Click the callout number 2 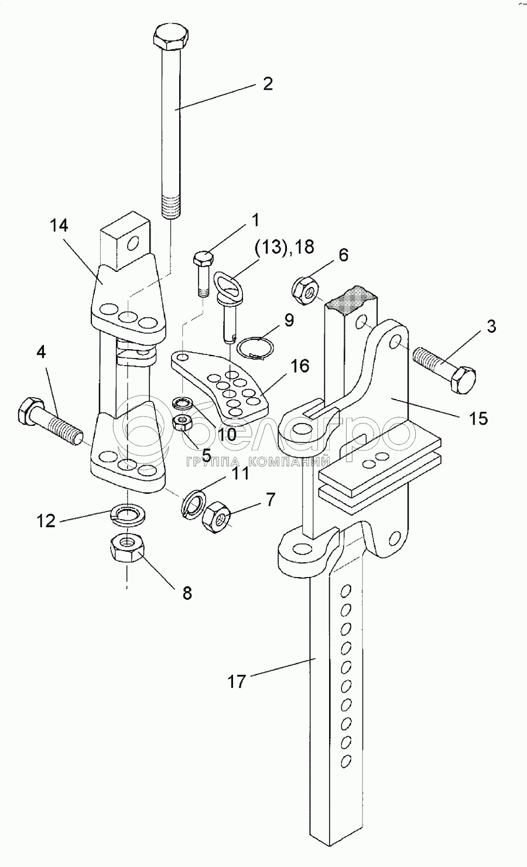[x=267, y=84]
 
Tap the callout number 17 [x=238, y=681]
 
